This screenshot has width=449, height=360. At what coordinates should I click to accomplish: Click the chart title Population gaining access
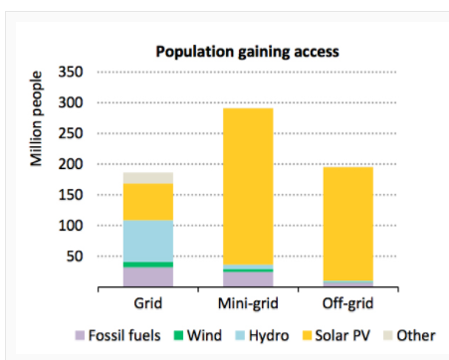[x=246, y=52]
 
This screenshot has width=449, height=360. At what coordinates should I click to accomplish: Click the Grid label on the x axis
[x=148, y=301]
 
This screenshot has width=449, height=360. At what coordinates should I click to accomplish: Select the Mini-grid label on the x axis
[x=247, y=301]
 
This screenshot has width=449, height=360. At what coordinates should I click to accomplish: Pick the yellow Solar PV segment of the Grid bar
[x=148, y=202]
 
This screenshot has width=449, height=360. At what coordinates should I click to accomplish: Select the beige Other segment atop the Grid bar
[x=148, y=178]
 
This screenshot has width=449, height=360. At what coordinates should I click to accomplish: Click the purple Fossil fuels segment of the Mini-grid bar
[x=247, y=279]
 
